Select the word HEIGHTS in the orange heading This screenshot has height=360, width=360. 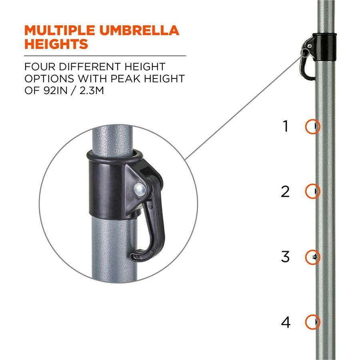[x=56, y=44]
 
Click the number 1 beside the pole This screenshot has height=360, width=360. [x=285, y=126]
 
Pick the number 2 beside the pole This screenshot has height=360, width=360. [x=285, y=192]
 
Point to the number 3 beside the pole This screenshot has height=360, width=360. [x=285, y=257]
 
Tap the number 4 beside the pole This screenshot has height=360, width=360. [x=286, y=322]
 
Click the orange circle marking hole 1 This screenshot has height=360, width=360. [x=306, y=126]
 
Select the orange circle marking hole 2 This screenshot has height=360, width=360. [x=306, y=191]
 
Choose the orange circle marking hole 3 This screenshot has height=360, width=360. [x=306, y=257]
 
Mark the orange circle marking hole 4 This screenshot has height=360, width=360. [x=306, y=322]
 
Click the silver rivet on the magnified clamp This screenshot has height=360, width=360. [x=140, y=189]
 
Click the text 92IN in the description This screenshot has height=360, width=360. [x=56, y=90]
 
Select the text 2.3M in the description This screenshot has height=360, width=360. [x=92, y=90]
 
